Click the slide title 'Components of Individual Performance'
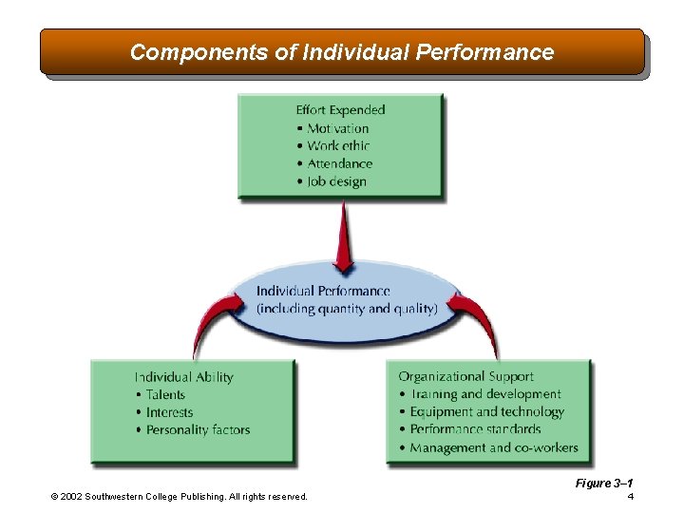341,52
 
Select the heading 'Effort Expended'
340,110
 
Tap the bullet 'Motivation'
337,128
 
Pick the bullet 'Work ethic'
338,146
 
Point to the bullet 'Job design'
336,181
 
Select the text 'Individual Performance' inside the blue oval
323,292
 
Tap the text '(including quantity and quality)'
347,309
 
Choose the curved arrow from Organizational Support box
475,318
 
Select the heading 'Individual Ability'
183,377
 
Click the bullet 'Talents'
165,394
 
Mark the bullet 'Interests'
169,412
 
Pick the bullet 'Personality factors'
198,430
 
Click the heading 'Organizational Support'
465,377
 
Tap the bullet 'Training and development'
485,394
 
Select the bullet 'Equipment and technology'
486,412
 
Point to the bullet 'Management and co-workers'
493,447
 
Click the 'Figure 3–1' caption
604,484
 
